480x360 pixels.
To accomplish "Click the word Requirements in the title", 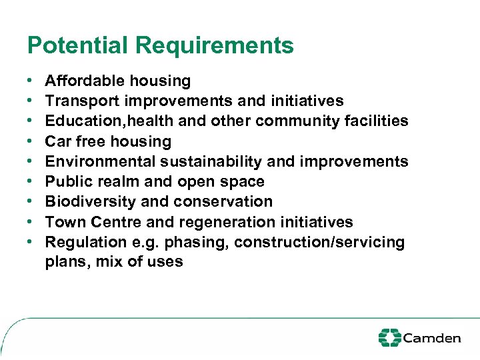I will click(214, 45).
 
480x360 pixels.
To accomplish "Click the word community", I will click(297, 121).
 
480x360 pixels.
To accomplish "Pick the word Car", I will click(57, 141).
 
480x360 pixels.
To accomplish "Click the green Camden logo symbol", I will click(389, 337).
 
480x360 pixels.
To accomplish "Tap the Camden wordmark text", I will click(432, 338).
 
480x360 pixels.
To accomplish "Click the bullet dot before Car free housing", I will click(31, 141).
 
